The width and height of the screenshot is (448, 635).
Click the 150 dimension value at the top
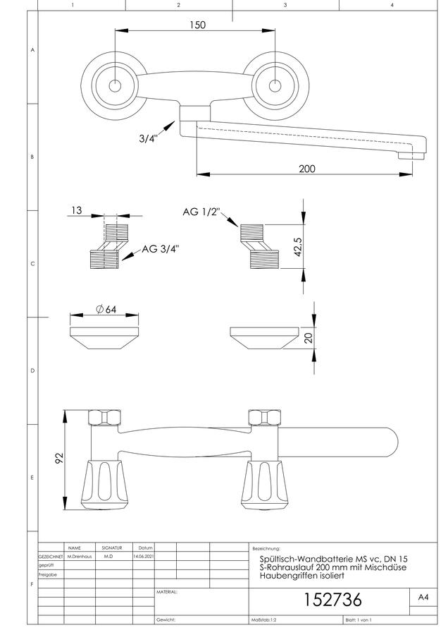[197, 25]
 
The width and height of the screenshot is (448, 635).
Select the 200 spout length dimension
[307, 169]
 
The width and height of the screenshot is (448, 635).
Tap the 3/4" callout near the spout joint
[149, 138]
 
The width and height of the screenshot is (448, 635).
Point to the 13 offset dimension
[76, 210]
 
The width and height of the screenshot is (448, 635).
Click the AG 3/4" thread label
[160, 249]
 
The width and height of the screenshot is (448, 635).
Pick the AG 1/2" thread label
[201, 212]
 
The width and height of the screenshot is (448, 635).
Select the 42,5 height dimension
[298, 247]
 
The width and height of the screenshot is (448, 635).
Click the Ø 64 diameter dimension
[106, 310]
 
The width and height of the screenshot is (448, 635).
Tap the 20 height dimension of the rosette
[309, 338]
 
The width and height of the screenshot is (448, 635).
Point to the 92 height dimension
[59, 459]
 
